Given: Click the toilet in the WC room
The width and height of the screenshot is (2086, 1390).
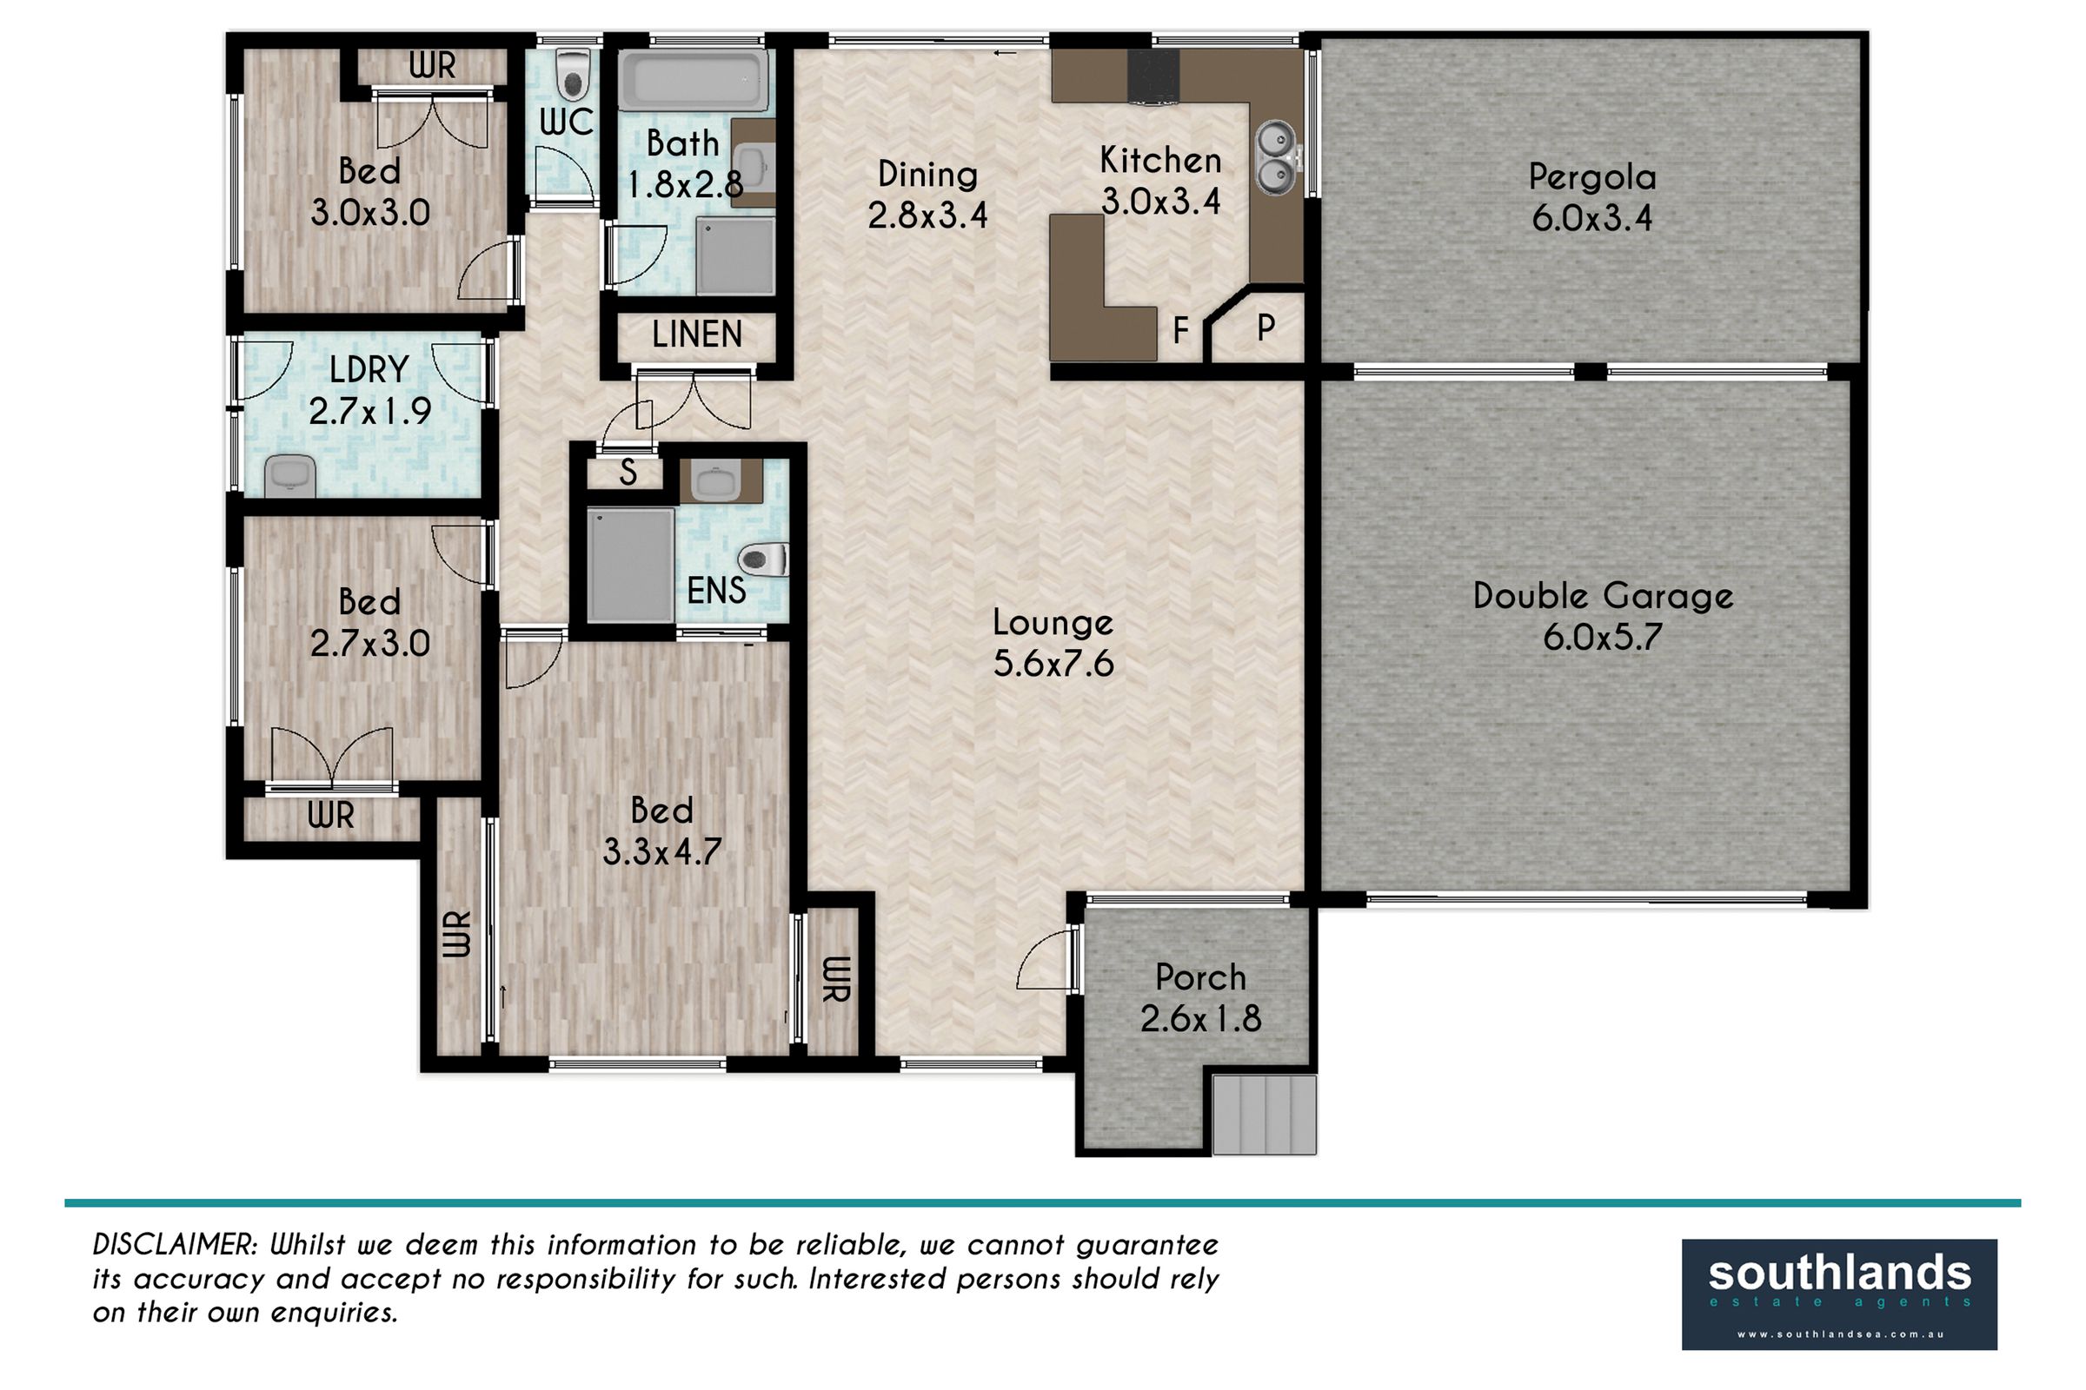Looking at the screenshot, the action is click(x=572, y=76).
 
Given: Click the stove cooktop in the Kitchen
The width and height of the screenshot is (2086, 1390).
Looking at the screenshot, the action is click(x=1153, y=76).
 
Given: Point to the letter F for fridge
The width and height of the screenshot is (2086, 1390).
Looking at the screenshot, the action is click(x=1180, y=332).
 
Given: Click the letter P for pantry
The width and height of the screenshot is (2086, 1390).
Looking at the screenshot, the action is click(x=1266, y=328).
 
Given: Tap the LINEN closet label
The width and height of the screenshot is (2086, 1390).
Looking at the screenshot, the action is click(x=697, y=335).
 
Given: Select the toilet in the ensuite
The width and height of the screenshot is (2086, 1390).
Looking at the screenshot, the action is click(x=764, y=559).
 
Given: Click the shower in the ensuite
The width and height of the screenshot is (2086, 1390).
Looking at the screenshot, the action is click(x=629, y=565).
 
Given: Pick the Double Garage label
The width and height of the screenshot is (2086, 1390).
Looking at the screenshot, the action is click(x=1603, y=596).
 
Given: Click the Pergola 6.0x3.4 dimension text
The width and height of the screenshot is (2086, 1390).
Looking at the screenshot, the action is click(x=1592, y=218).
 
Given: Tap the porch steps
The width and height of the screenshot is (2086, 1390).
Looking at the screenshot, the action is click(x=1264, y=1115).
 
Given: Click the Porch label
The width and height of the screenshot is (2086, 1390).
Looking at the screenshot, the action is click(x=1201, y=978).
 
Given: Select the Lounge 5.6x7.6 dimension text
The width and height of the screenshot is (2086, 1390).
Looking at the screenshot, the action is click(x=1053, y=664).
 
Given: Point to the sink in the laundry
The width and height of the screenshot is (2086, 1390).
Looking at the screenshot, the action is click(x=291, y=475).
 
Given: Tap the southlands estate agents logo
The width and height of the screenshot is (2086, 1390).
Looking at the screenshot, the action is click(x=1839, y=1294).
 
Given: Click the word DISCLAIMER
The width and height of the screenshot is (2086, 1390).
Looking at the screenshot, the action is click(x=175, y=1245).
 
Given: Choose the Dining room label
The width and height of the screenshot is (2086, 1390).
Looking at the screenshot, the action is click(x=927, y=175).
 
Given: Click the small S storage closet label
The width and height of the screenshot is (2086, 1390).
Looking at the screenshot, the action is click(x=628, y=473).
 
